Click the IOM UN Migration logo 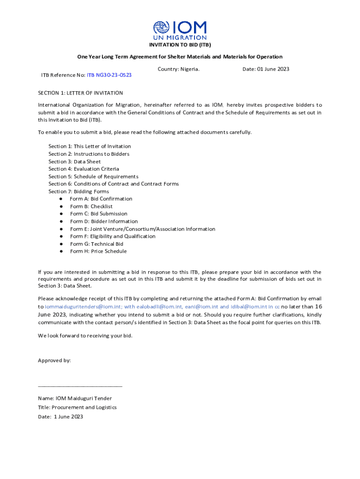pyautogui.click(x=180, y=30)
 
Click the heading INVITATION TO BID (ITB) pyautogui.click(x=180, y=45)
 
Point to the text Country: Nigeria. pyautogui.click(x=179, y=69)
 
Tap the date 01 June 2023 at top pyautogui.click(x=266, y=69)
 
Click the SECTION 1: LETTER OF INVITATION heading pyautogui.click(x=80, y=93)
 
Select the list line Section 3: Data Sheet pyautogui.click(x=74, y=161)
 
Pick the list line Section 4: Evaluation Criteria pyautogui.click(x=84, y=169)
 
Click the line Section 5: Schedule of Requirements pyautogui.click(x=94, y=176)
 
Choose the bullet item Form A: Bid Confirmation pyautogui.click(x=101, y=199)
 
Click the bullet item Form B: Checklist pyautogui.click(x=91, y=206)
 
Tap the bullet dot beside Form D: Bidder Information pyautogui.click(x=61, y=221)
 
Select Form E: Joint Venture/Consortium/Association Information pyautogui.click(x=143, y=229)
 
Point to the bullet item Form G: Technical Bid pyautogui.click(x=97, y=244)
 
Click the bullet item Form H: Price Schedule pyautogui.click(x=98, y=251)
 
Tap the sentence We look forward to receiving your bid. pyautogui.click(x=85, y=335)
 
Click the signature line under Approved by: pyautogui.click(x=80, y=386)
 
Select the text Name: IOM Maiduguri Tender pyautogui.click(x=75, y=399)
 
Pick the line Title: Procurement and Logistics pyautogui.click(x=77, y=407)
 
